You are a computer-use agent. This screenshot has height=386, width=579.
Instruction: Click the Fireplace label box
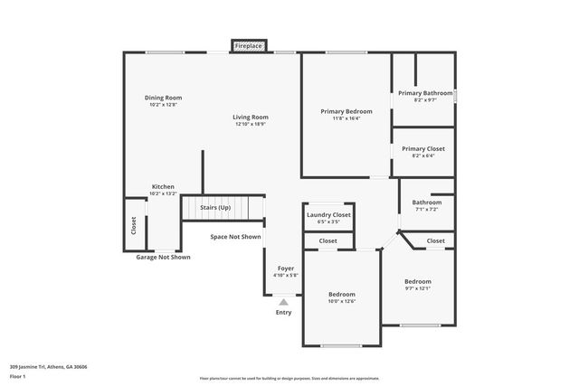coord(248,45)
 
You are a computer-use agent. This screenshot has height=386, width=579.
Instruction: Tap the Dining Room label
coord(164,98)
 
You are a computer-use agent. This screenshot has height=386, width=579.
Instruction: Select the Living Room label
coord(251,117)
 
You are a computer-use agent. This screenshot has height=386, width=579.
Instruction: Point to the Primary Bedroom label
coord(346,111)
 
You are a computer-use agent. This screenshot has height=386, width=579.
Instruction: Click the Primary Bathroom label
coord(424,92)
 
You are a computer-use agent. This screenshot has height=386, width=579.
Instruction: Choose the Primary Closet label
coord(423,148)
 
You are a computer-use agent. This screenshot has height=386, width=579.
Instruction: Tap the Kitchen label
coord(163,186)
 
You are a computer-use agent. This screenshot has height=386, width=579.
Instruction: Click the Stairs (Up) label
coord(214,208)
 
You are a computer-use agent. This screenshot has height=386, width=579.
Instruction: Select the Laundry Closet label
coord(327,214)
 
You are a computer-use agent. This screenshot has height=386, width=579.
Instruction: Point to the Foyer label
coord(286,268)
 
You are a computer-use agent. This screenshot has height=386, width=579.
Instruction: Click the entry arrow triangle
coord(283,302)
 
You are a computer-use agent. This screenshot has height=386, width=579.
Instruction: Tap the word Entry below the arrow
coord(283,313)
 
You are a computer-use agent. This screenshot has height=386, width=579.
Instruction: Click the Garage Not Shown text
coord(163,257)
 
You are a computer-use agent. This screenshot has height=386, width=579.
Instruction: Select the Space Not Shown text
coord(235,237)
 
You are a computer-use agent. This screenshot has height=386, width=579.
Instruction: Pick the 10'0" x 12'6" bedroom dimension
coord(341,301)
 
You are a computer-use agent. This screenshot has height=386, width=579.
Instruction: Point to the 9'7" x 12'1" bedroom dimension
coord(417,288)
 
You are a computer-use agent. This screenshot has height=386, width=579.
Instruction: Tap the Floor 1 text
coord(17,376)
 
